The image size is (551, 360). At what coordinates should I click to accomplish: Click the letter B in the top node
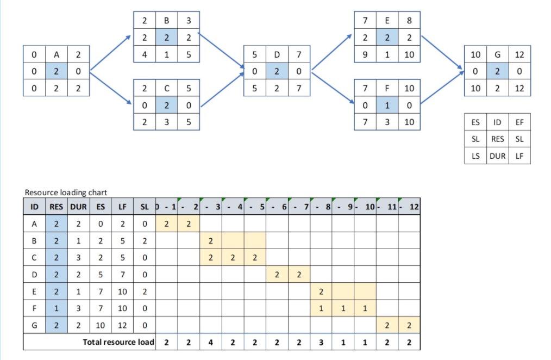(x=166, y=21)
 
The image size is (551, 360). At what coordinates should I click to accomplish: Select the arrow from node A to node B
(x=111, y=54)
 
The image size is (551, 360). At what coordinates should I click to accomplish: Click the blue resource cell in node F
(x=387, y=105)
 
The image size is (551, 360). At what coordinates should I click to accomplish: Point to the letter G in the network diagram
(x=497, y=54)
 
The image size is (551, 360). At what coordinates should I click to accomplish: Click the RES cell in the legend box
(x=497, y=139)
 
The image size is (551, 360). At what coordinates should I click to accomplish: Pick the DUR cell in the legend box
(x=497, y=156)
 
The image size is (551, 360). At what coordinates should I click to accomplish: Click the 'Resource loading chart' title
(x=66, y=193)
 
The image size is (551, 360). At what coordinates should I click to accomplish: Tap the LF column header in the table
(x=122, y=207)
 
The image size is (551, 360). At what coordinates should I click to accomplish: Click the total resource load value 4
(x=210, y=342)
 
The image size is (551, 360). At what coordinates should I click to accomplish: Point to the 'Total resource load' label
(x=118, y=342)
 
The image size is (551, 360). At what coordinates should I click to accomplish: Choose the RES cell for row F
(x=57, y=308)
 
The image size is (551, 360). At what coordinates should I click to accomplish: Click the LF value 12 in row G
(x=122, y=325)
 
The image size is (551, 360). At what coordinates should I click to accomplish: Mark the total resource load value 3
(x=321, y=342)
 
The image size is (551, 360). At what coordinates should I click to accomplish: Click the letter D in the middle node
(x=277, y=54)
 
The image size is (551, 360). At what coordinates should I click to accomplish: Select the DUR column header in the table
(x=78, y=207)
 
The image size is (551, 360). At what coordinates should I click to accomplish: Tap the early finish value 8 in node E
(x=409, y=21)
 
